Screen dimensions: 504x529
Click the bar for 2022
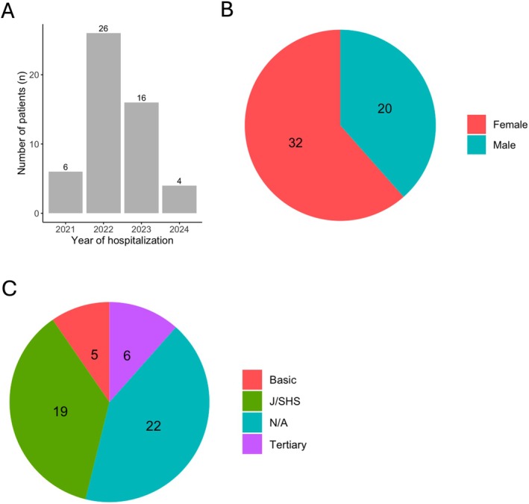[104, 123]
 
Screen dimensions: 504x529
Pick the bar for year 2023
[141, 158]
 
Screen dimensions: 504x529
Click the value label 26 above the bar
[104, 28]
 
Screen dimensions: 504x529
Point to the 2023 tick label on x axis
[141, 228]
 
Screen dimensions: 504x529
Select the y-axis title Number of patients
[22, 119]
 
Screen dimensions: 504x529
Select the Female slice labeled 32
[298, 141]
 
